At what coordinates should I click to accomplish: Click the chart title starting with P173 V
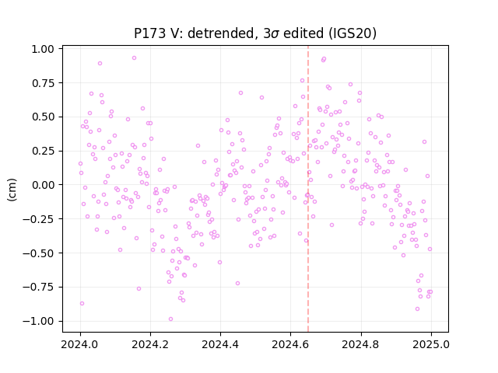tap(255, 33)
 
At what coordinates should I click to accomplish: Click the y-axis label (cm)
tap(12, 190)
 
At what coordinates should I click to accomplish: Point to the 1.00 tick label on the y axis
tap(43, 49)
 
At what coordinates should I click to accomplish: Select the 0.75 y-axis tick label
tap(43, 83)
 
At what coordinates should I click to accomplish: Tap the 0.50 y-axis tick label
tap(43, 117)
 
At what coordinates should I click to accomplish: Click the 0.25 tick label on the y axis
tap(43, 151)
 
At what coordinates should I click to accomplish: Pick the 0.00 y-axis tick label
tap(43, 185)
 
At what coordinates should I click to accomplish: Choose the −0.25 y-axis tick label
tap(38, 219)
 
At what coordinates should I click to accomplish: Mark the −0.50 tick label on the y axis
tap(38, 253)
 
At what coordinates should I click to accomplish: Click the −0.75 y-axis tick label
tap(38, 287)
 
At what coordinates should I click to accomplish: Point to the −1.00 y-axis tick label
tap(38, 321)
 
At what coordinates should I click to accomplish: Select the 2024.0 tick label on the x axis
tap(80, 344)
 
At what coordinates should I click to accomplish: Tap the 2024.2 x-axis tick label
tap(150, 344)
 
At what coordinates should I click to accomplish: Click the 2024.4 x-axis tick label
tap(220, 344)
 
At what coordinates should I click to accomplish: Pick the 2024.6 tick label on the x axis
tap(290, 344)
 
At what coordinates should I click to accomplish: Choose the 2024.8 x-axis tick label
tap(361, 344)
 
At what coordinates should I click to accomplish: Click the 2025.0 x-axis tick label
tap(431, 344)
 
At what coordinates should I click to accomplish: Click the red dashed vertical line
tap(308, 189)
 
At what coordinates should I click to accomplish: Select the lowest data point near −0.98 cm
tap(171, 319)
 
